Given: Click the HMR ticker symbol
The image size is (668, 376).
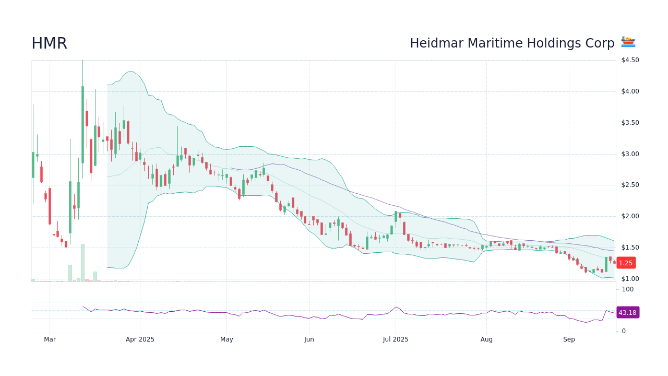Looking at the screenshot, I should (x=49, y=43).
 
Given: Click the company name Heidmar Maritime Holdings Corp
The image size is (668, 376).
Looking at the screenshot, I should (x=512, y=43).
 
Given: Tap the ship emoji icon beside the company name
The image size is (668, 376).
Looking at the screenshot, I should (x=628, y=42).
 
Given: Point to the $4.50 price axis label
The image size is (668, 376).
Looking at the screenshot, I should (x=630, y=60).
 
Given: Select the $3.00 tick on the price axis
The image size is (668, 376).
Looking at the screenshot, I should (x=630, y=154).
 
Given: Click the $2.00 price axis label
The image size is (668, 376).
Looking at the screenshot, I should (x=630, y=216).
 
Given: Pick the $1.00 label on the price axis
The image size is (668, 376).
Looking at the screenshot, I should (x=630, y=279).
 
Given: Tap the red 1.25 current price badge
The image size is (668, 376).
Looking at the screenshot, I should (x=626, y=263).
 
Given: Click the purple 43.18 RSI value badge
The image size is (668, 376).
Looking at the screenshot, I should (x=627, y=313).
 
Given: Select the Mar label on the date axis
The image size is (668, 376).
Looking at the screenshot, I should (x=50, y=339).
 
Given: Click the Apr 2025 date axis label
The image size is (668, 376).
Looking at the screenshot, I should (x=140, y=339).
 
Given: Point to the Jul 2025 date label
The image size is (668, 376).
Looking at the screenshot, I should (x=396, y=339).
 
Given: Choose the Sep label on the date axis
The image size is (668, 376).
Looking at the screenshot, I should (x=569, y=339).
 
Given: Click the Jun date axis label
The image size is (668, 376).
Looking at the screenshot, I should (x=309, y=339).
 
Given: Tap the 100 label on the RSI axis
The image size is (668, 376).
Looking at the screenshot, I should (x=627, y=289).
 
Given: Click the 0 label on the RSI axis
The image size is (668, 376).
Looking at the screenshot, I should (x=624, y=331).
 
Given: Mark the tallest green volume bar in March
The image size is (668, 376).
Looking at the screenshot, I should (x=82, y=263).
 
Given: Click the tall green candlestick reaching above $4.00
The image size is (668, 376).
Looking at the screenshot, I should (x=82, y=125).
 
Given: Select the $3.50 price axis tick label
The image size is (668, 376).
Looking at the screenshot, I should (x=630, y=123).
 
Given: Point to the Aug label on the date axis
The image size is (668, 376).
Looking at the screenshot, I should (x=486, y=339).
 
